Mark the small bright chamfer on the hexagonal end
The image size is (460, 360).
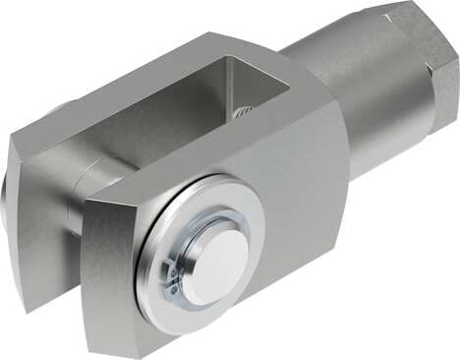tap(389, 12)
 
